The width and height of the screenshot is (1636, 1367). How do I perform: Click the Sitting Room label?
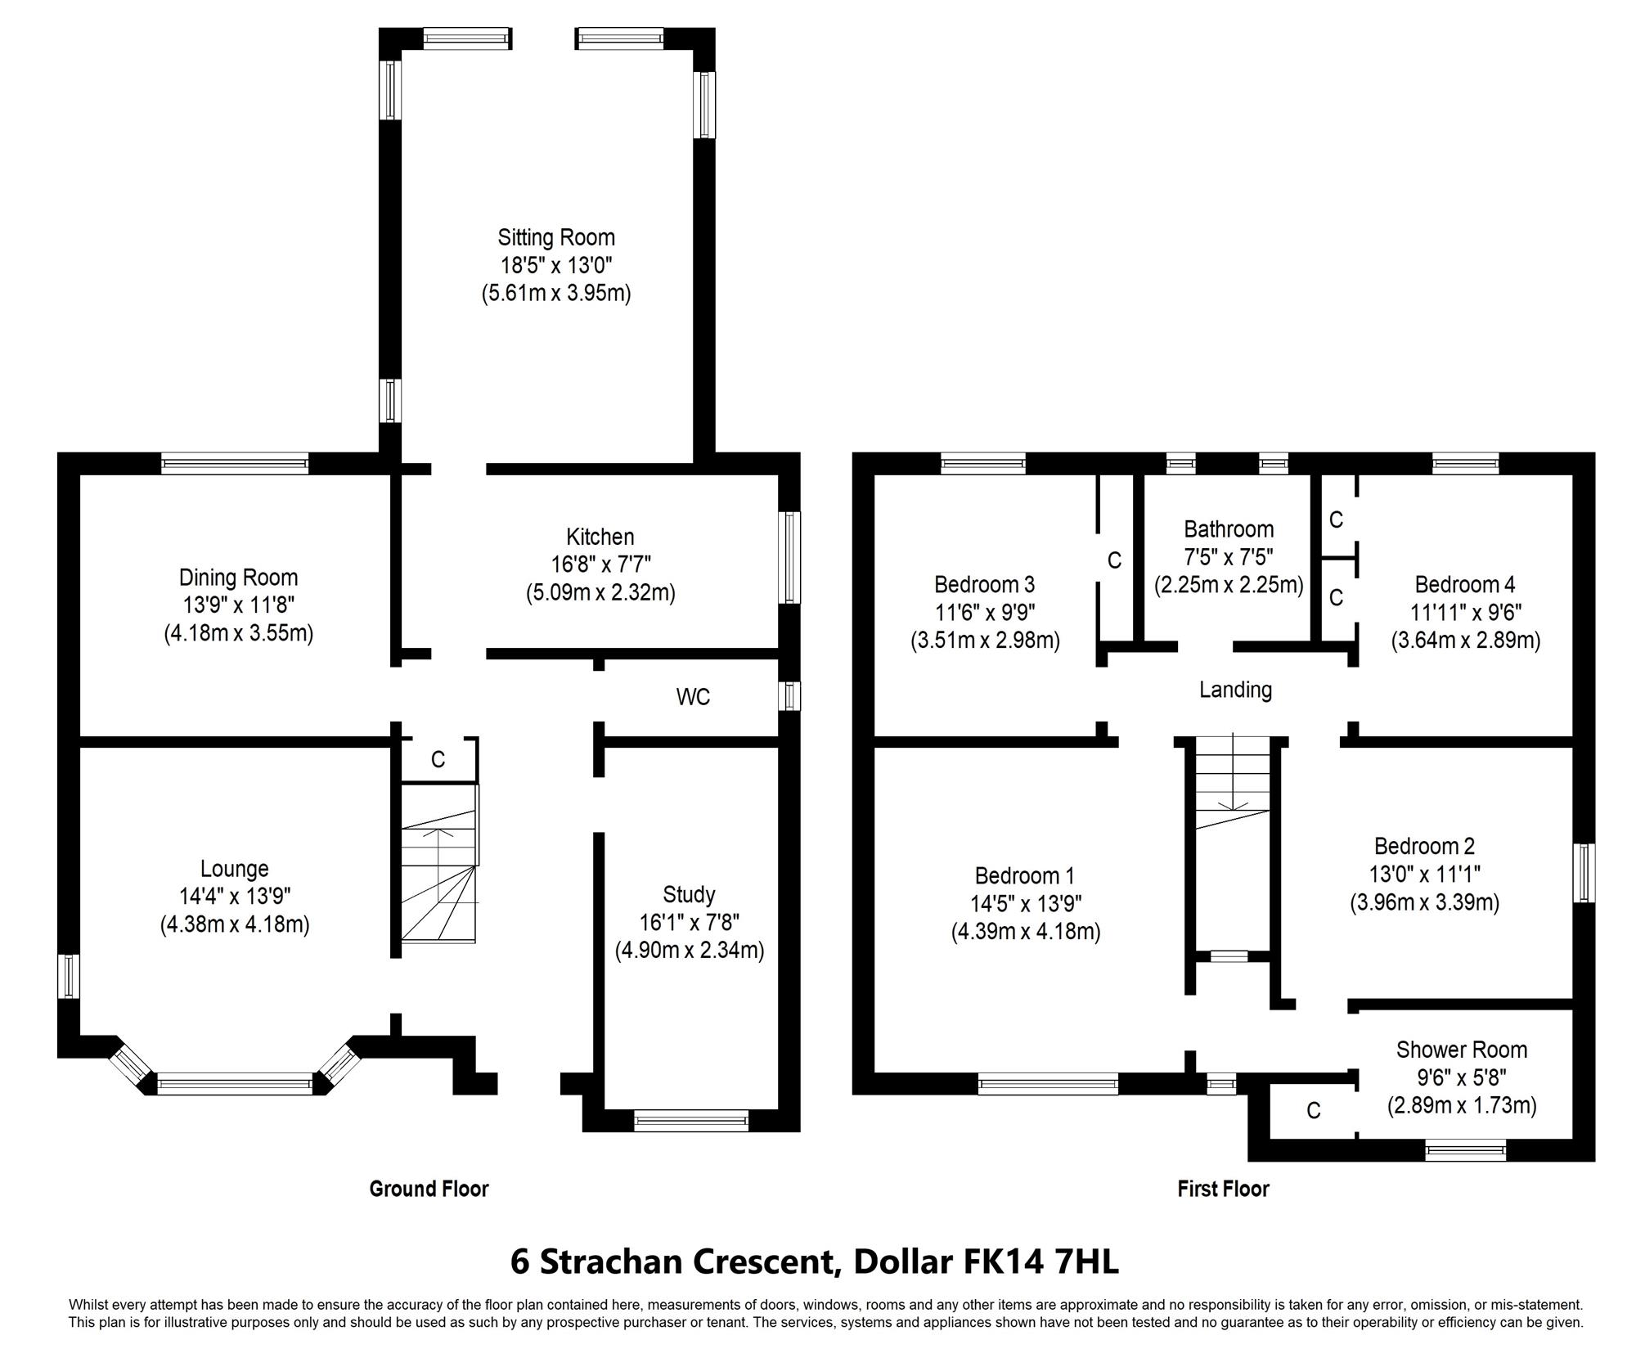click(556, 237)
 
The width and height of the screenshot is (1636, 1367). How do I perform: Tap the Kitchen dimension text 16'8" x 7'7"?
click(600, 564)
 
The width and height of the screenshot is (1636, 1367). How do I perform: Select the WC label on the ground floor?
click(693, 697)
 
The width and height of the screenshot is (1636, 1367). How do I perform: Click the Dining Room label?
click(238, 578)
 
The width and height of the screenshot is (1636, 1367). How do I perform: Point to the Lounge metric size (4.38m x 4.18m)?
click(235, 924)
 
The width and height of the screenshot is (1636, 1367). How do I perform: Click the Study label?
click(690, 894)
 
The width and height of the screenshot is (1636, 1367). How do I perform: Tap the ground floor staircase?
click(438, 864)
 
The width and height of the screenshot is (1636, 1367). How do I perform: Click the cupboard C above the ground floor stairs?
click(438, 759)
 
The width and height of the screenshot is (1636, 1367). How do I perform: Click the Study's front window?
click(691, 1120)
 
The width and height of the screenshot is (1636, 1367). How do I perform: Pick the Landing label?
click(1235, 690)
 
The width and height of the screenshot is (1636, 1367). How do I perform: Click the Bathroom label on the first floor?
click(1229, 529)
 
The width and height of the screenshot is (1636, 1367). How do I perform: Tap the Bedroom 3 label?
click(984, 585)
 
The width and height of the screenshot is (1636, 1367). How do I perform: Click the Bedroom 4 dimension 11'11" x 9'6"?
click(1465, 613)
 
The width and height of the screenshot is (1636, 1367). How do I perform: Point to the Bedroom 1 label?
click(1024, 876)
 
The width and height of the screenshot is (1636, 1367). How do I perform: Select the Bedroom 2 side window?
click(1585, 873)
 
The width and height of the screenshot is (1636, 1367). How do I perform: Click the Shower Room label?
click(1461, 1050)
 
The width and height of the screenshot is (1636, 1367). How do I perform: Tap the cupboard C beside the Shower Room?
click(1313, 1110)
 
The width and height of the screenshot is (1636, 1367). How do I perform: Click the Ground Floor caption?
click(429, 1189)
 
